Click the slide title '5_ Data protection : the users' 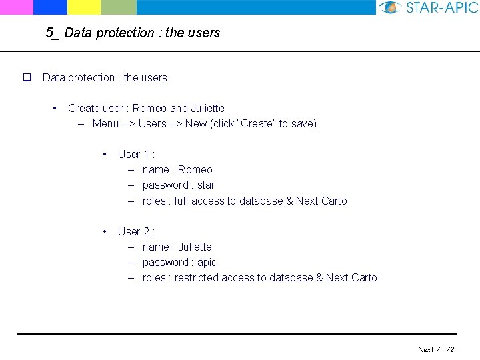point(133,33)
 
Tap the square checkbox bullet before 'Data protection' point(28,77)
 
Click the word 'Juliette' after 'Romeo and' point(207,108)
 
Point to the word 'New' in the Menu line point(196,123)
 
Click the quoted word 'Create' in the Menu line point(260,123)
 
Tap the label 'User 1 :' point(136,154)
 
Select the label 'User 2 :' point(136,231)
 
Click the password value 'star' point(206,185)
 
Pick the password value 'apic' point(207,263)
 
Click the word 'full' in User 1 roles point(181,201)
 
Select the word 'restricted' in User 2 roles point(196,278)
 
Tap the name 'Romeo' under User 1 point(195,170)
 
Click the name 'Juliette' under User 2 point(195,247)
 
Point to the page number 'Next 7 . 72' point(436,349)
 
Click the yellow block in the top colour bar point(84,7)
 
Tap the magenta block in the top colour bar point(16,7)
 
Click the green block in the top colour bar point(119,7)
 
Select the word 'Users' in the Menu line point(152,123)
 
